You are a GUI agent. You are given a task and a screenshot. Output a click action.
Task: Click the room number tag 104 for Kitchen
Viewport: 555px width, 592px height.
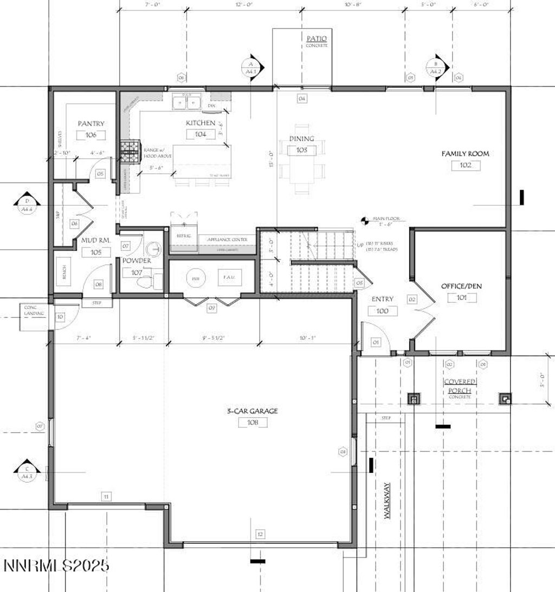201,134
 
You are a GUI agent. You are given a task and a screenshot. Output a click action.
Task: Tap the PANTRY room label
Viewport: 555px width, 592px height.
91,123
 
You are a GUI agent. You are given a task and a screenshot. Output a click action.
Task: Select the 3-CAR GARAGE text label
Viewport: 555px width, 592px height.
252,411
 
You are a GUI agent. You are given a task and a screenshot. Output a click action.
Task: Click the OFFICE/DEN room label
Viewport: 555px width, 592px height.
461,286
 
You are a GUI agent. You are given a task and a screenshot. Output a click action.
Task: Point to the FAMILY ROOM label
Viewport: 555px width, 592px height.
465,154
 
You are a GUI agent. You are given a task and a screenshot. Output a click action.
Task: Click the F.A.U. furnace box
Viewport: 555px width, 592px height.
229,278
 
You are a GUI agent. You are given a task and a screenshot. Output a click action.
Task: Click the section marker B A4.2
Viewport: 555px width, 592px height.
436,67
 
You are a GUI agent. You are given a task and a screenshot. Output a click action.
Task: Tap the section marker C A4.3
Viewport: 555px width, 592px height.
27,472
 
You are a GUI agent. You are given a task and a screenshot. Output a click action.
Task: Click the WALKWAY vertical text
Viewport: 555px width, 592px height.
387,501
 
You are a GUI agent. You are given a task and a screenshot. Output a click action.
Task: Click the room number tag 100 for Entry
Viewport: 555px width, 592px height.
383,311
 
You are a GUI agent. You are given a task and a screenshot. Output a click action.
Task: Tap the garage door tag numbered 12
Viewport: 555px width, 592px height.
260,535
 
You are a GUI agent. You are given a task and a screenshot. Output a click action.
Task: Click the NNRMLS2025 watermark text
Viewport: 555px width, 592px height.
56,565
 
